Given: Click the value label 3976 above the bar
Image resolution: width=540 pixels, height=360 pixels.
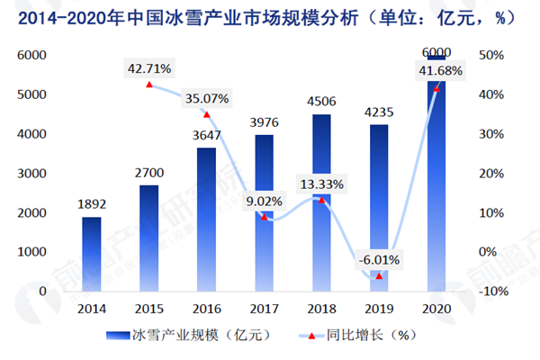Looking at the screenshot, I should (263, 121).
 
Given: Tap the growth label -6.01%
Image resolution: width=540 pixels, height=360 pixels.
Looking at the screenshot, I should (378, 260).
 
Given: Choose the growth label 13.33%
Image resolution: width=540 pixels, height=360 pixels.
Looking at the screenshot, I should (320, 184).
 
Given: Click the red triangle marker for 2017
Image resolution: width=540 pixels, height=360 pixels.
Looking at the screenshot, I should (263, 217).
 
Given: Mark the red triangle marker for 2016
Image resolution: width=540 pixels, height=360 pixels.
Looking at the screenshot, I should (205, 114).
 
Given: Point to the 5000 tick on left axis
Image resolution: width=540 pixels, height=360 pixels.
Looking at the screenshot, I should (31, 94).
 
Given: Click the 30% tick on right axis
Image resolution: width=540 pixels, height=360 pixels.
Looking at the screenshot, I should (490, 133).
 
